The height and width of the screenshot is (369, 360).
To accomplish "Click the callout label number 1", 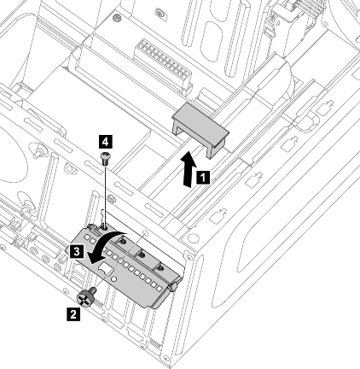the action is (x=203, y=178).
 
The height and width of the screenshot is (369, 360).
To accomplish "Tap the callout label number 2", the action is (x=73, y=314).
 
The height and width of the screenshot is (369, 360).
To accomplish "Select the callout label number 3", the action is (x=77, y=252).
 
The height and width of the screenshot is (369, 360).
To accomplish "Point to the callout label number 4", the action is (x=105, y=142).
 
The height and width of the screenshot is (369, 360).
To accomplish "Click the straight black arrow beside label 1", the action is (x=189, y=170).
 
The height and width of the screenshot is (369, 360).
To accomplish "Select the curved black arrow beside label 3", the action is (x=106, y=244).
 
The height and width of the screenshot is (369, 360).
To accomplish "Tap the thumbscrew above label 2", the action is (x=86, y=297).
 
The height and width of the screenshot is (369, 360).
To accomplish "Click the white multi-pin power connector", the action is (x=163, y=66).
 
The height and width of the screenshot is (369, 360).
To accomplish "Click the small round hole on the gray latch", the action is (x=113, y=278).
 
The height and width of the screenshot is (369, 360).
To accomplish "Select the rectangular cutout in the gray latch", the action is (x=105, y=268).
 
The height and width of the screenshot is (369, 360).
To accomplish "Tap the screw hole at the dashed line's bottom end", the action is (x=105, y=228).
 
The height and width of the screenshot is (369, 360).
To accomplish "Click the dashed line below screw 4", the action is (x=106, y=196).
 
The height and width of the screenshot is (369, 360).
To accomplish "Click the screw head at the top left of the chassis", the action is (x=116, y=18).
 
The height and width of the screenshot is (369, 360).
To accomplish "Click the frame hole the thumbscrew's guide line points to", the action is (x=145, y=233).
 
